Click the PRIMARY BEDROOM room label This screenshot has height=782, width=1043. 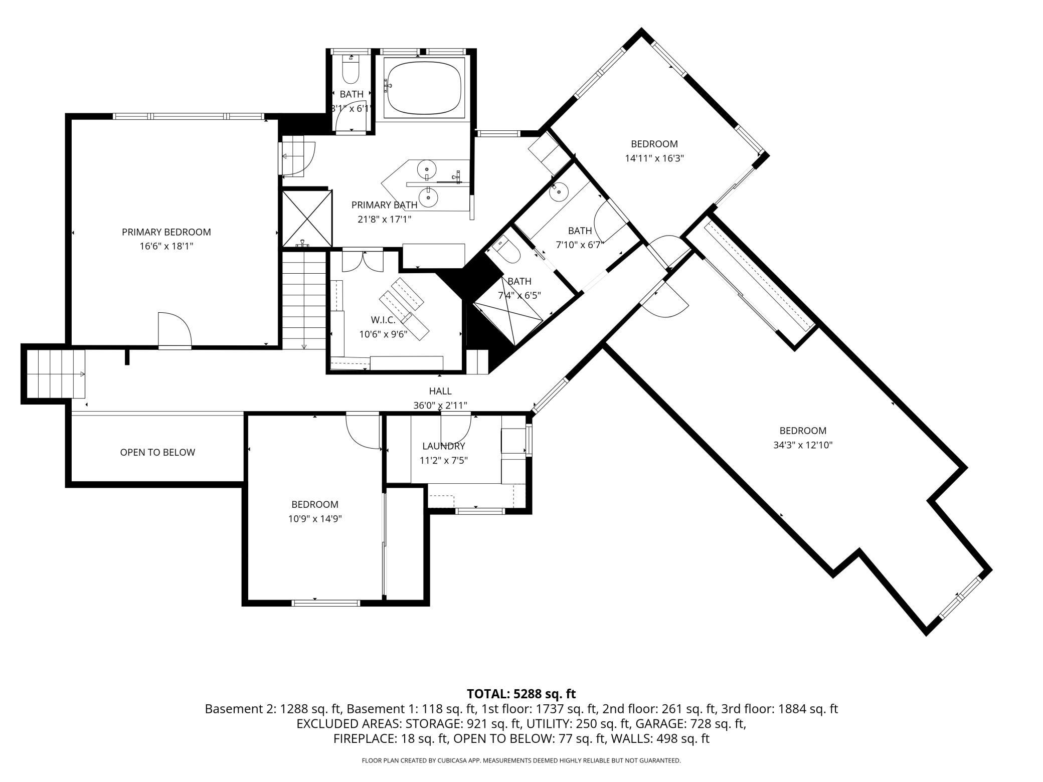pyautogui.click(x=166, y=232)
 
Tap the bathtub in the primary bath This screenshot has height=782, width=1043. pyautogui.click(x=425, y=88)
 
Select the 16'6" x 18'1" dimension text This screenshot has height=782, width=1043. pyautogui.click(x=166, y=246)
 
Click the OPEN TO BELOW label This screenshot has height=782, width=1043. pyautogui.click(x=157, y=452)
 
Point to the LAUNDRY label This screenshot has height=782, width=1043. pyautogui.click(x=443, y=446)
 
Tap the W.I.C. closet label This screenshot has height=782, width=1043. pyautogui.click(x=383, y=320)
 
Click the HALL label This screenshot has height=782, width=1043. pyautogui.click(x=440, y=391)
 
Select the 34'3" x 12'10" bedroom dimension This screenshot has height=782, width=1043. pyautogui.click(x=803, y=445)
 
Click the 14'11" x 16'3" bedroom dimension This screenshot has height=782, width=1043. pyautogui.click(x=654, y=158)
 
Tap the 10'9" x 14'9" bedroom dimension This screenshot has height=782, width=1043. pyautogui.click(x=315, y=519)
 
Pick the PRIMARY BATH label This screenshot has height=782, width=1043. pyautogui.click(x=384, y=205)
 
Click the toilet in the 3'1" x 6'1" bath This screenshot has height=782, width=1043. pyautogui.click(x=350, y=69)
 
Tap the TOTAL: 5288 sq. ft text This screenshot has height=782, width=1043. pyautogui.click(x=521, y=694)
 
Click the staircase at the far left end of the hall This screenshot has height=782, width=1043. pyautogui.click(x=55, y=373)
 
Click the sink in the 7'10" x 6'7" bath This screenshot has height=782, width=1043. pyautogui.click(x=559, y=190)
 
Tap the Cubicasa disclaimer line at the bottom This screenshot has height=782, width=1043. pyautogui.click(x=521, y=760)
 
